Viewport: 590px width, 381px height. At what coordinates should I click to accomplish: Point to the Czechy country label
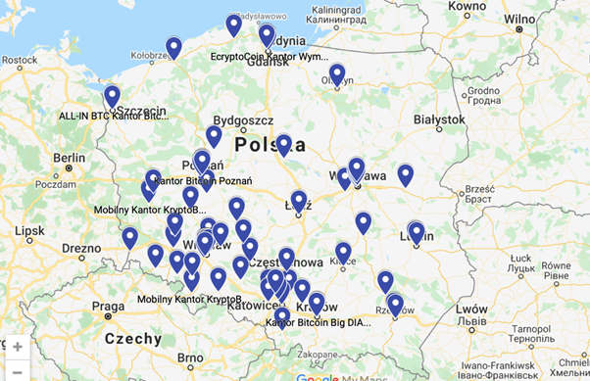coord(133,339)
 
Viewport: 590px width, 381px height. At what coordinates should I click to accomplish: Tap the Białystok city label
coord(438,119)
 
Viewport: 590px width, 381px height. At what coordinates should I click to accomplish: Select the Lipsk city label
coord(30,231)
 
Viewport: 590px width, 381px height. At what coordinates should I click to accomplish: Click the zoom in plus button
coord(18,347)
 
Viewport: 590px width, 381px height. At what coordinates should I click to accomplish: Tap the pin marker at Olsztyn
coord(337,73)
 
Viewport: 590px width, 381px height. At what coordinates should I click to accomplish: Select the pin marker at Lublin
coord(417,232)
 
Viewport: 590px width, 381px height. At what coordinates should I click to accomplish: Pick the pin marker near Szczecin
coord(112,95)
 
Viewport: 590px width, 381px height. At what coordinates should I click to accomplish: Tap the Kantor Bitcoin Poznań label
coord(203,181)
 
